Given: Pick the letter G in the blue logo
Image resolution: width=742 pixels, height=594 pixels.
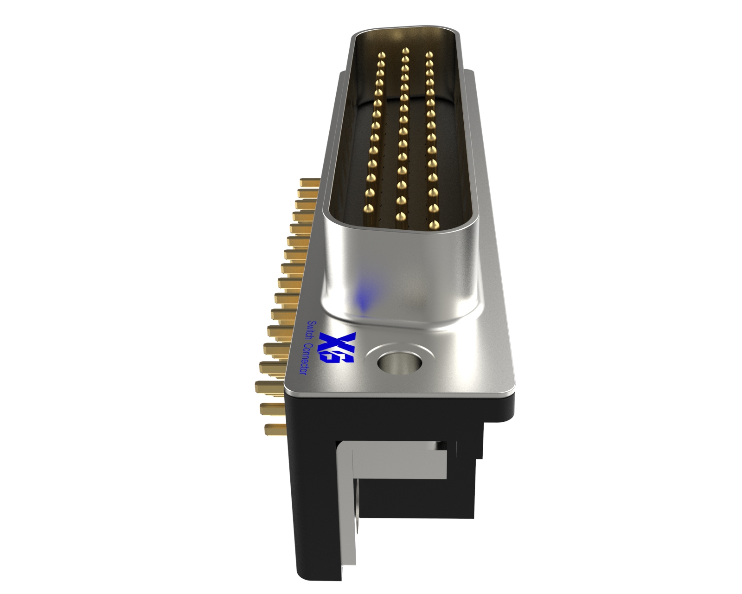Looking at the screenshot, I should pos(345,357).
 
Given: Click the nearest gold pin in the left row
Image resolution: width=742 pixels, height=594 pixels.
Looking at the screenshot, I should pos(369,210).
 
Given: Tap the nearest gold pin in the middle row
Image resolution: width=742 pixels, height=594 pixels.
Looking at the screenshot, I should pos(399,216).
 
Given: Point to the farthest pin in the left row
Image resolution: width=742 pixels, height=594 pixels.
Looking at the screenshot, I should pos(382,56).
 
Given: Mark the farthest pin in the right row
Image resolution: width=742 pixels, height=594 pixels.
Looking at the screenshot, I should pos(429,55).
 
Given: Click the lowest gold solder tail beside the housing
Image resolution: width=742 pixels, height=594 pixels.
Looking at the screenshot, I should pos(275,429).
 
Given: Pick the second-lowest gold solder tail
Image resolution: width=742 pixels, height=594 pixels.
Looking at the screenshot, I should pos(271,408).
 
